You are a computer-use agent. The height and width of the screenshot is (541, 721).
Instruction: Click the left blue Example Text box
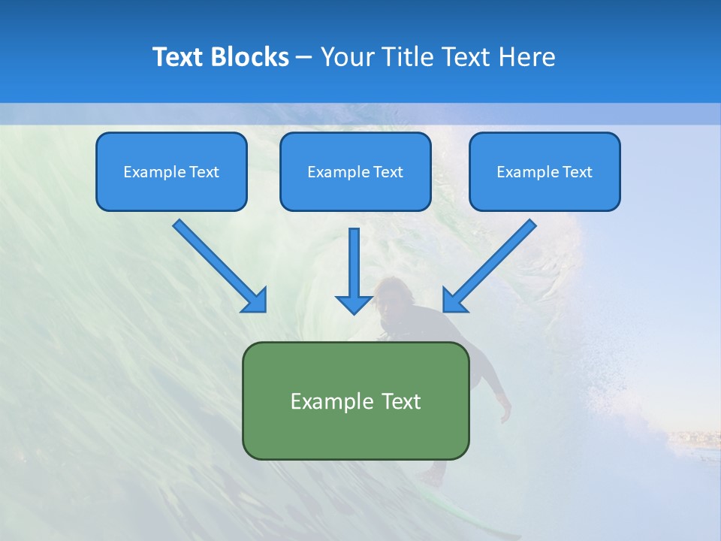[x=171, y=171]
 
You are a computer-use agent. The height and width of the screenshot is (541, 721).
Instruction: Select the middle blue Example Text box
[x=355, y=171]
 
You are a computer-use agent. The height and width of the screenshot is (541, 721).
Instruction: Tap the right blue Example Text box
[x=545, y=171]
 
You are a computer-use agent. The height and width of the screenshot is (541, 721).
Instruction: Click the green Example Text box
[x=355, y=400]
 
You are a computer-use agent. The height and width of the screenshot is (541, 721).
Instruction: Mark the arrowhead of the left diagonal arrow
[x=255, y=301]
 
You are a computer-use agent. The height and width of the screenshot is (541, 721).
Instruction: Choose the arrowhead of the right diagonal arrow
[x=454, y=301]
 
